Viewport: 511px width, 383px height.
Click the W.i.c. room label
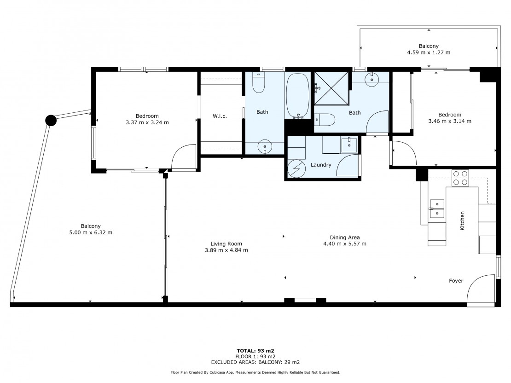(220, 116)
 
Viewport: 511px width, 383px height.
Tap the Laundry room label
(321, 165)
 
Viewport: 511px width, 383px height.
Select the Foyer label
(456, 281)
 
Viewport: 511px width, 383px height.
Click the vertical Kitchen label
(462, 221)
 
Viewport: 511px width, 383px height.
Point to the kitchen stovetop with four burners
(460, 178)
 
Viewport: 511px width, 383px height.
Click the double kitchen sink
(437, 209)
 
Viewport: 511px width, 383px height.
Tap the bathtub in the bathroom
(297, 95)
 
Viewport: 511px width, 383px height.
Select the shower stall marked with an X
(331, 88)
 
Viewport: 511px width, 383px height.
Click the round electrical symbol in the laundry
(296, 169)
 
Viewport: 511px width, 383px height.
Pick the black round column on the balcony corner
(51, 120)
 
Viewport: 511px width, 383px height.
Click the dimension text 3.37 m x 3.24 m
(147, 122)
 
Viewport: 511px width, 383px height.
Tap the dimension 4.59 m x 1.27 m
(429, 52)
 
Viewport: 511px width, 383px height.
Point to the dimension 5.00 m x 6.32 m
(91, 232)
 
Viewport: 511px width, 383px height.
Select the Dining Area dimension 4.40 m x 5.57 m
(345, 244)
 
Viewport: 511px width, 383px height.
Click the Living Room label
(226, 244)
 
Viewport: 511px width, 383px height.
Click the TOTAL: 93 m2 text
(255, 351)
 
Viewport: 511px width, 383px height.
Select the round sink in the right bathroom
(372, 79)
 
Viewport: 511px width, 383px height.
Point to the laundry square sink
(349, 145)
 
